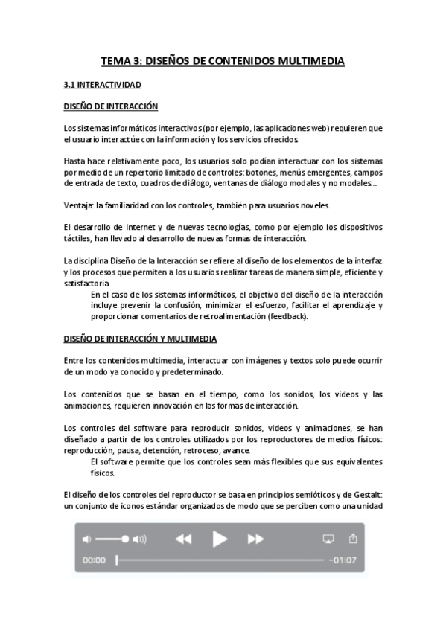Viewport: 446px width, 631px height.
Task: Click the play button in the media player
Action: pos(220,539)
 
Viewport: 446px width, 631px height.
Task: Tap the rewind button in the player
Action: pos(183,539)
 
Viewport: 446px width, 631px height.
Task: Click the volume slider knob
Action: pos(125,539)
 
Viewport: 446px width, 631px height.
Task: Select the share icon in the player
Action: pos(354,538)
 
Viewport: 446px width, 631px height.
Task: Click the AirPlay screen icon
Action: pos(328,539)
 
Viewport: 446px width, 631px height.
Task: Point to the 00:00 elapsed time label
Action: pos(94,560)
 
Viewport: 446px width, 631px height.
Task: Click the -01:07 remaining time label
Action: pos(344,560)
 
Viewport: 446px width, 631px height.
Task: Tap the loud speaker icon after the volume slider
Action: pos(139,539)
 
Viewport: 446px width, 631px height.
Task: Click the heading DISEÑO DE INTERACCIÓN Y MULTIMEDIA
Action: pos(140,339)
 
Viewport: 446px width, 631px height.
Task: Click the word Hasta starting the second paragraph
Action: pos(76,161)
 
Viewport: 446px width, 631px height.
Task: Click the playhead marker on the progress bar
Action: pos(117,560)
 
